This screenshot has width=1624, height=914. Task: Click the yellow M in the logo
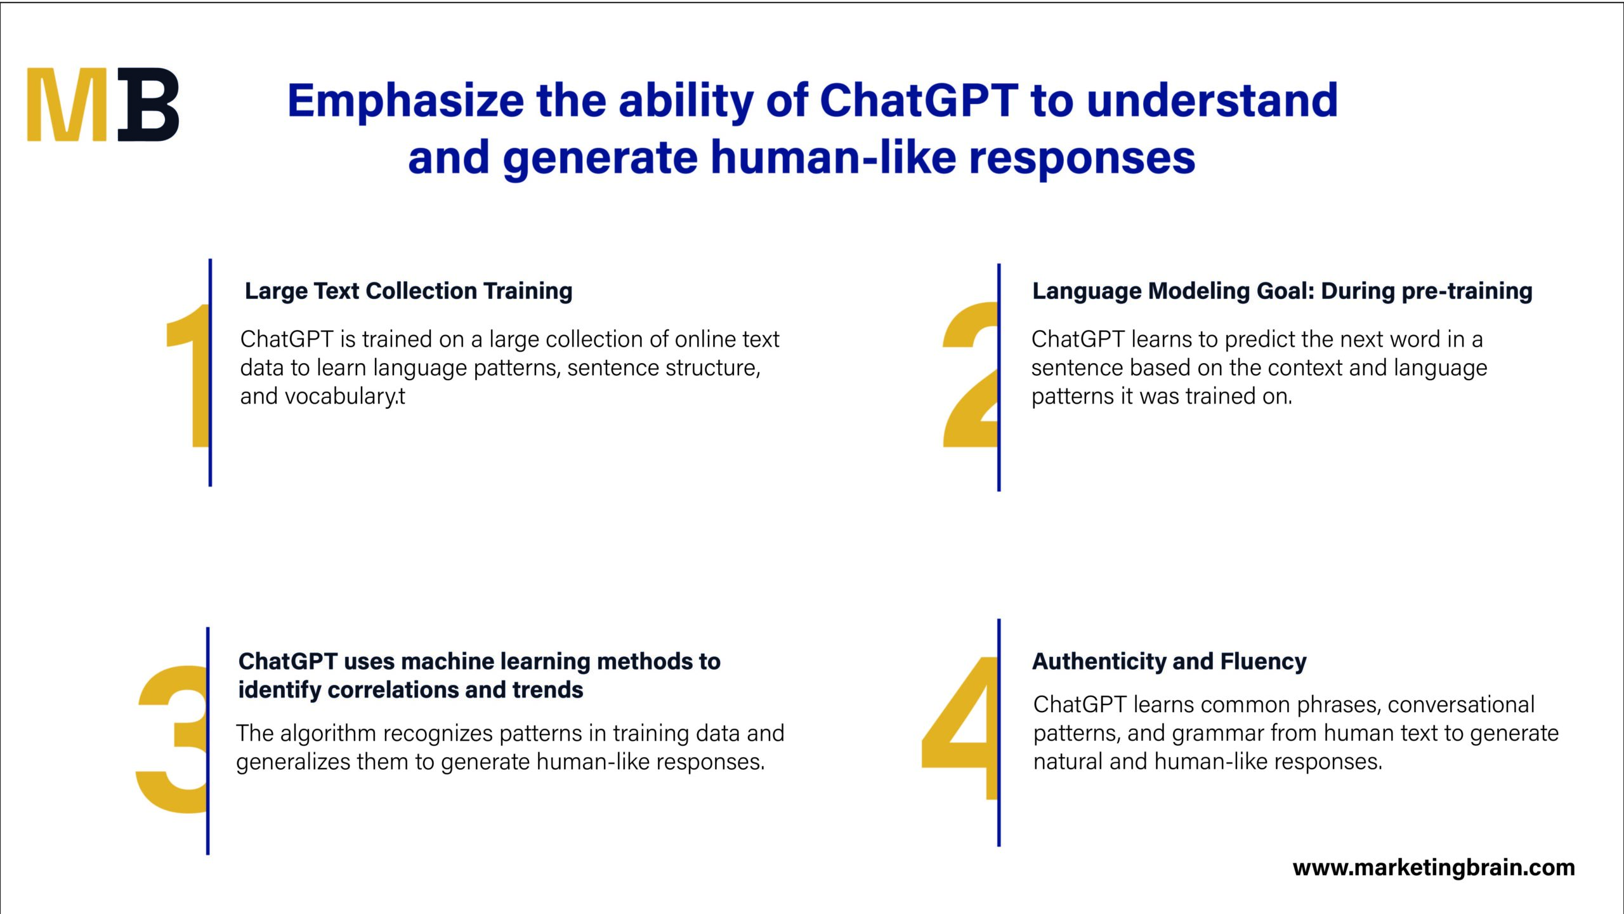pos(66,105)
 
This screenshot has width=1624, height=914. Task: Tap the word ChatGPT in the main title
pos(919,101)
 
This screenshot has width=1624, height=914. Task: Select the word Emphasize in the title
pos(406,101)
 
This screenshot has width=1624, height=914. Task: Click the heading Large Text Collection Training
pos(409,291)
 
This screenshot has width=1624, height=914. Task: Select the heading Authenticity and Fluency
pos(1169,661)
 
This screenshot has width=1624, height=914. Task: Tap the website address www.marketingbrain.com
pos(1434,868)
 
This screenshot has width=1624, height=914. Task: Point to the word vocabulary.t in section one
pos(345,397)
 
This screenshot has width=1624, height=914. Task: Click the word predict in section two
pos(1260,340)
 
